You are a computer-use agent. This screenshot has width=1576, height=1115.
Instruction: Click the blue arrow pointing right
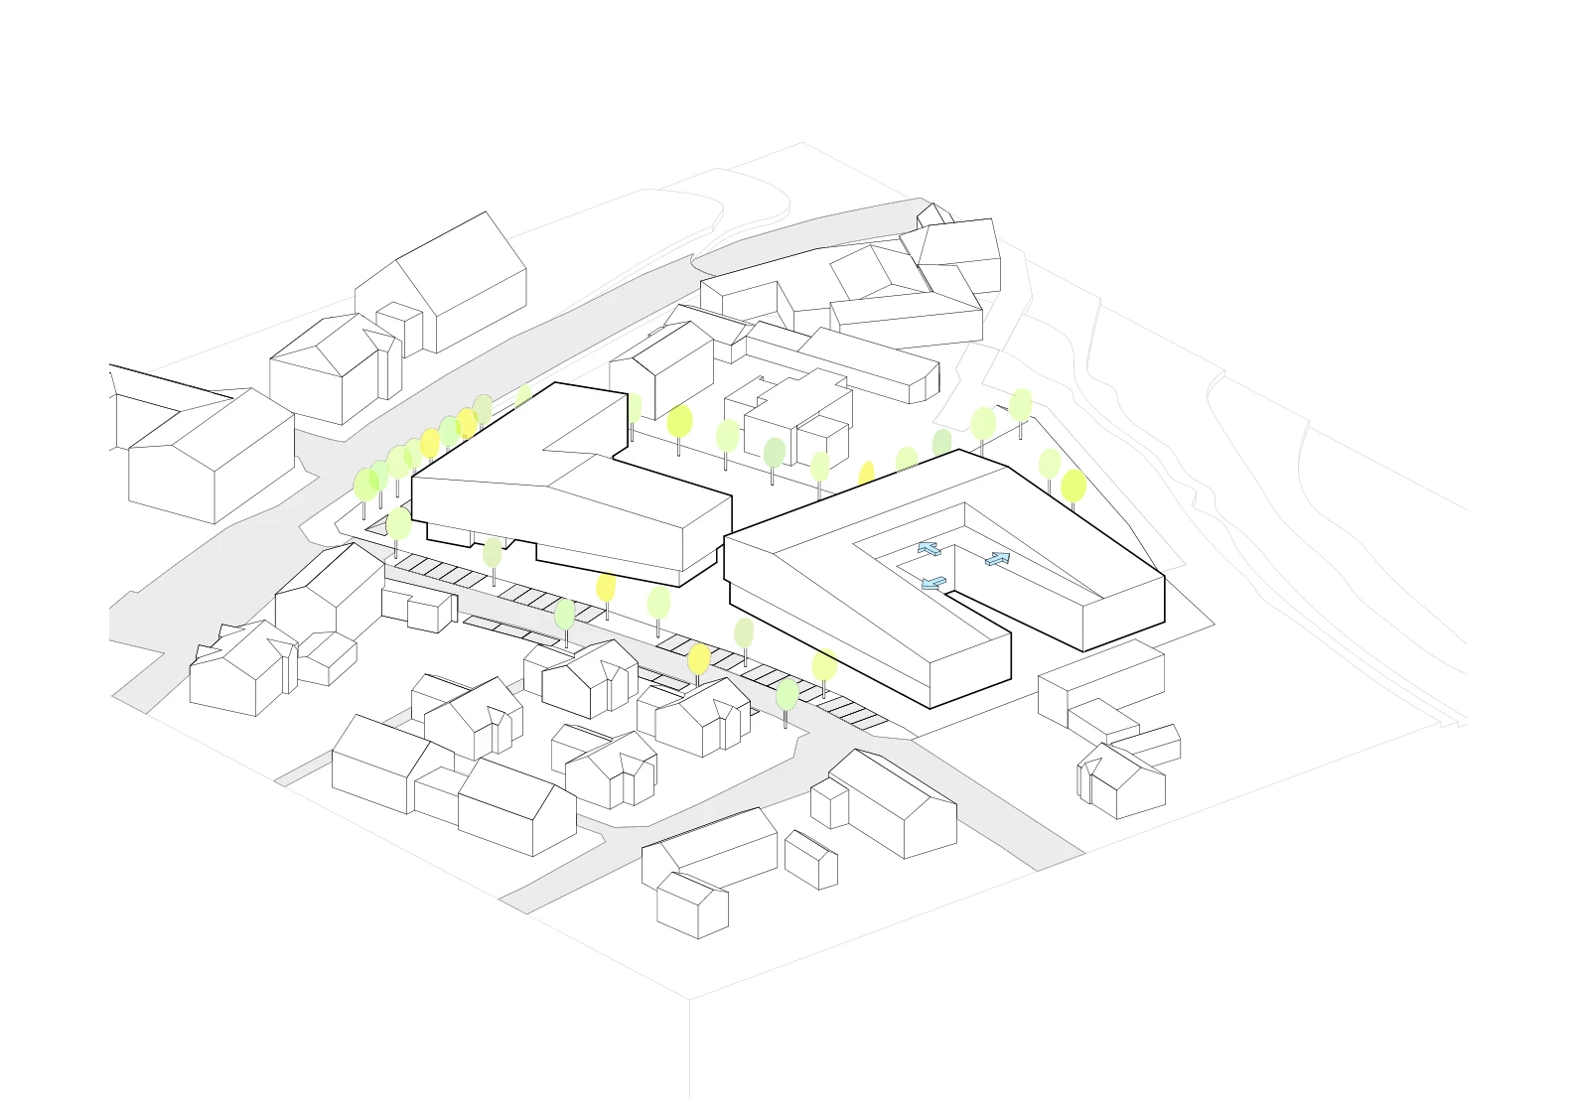point(998,559)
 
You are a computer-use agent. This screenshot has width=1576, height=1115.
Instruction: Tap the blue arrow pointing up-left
point(929,548)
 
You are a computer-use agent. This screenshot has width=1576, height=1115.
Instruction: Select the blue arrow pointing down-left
point(932,583)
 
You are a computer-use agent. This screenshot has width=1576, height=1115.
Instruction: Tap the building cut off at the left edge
point(149,407)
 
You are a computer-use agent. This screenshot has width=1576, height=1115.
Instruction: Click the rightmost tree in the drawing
point(1074,488)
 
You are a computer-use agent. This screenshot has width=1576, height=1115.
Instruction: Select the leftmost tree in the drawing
point(365,487)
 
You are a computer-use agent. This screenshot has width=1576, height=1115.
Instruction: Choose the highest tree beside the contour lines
point(1021,405)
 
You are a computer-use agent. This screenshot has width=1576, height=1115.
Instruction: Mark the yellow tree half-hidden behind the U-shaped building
point(866,475)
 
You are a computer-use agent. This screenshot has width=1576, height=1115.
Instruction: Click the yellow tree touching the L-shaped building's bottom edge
point(606,588)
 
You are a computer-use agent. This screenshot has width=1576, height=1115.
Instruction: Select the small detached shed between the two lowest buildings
point(811,860)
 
